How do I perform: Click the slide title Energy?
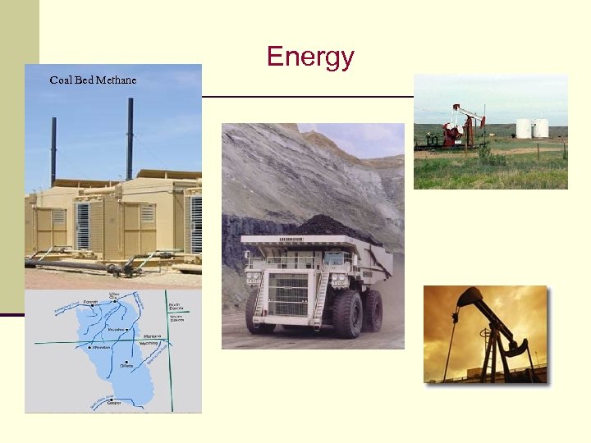point(310,57)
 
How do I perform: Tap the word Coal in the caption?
point(60,80)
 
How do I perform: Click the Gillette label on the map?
point(126,365)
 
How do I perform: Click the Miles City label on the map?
point(115,295)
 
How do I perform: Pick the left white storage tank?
point(523,128)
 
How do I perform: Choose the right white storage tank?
point(540,128)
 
